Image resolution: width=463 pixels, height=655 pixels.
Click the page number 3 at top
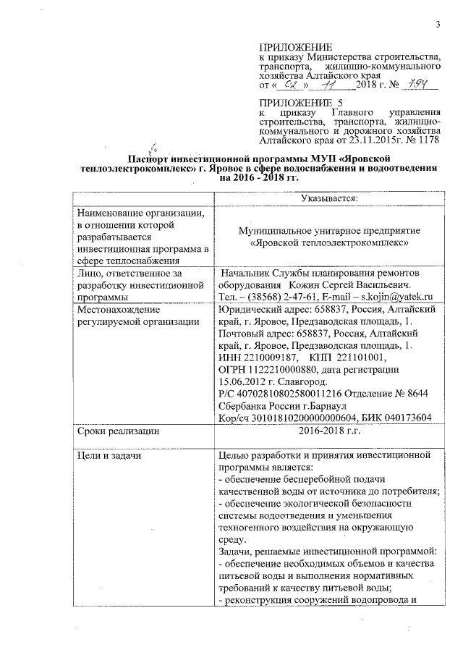pos(438,27)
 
